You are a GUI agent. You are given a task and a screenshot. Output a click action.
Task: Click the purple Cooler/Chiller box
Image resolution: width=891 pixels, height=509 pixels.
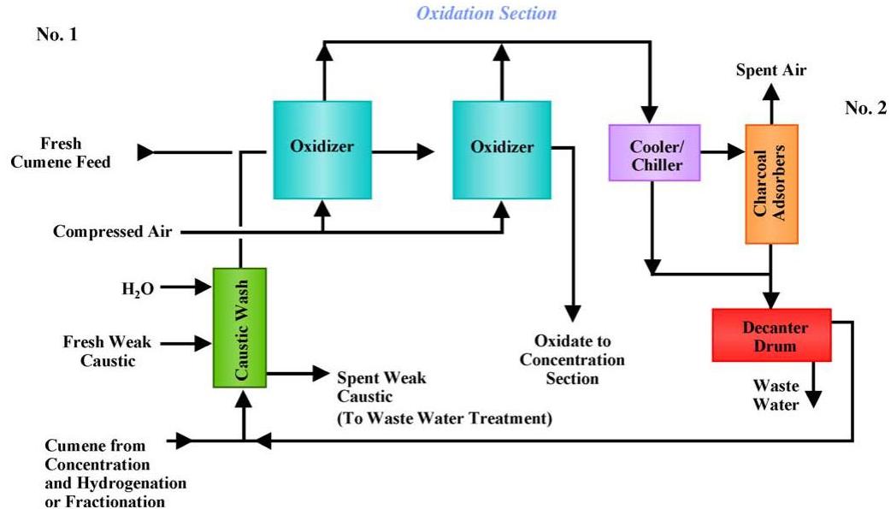(654, 152)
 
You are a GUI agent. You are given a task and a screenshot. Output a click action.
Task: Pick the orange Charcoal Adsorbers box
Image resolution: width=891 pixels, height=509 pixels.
(771, 184)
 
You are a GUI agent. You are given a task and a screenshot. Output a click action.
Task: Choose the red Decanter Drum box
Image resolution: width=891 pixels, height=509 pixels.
(771, 335)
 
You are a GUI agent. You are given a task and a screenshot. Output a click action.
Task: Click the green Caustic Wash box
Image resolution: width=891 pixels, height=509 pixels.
(239, 328)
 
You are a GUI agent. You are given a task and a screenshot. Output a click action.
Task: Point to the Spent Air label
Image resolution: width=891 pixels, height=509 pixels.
(771, 70)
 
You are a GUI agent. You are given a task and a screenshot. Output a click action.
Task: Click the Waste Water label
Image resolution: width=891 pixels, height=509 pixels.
(776, 394)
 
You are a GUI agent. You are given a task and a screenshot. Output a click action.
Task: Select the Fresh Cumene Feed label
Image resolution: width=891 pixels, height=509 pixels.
(75, 152)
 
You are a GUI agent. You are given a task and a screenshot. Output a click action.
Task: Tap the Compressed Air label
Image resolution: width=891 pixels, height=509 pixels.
(112, 231)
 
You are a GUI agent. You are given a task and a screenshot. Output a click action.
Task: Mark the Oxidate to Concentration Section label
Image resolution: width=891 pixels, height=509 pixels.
(572, 359)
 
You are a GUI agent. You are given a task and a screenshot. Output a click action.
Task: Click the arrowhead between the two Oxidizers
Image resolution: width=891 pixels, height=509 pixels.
(425, 152)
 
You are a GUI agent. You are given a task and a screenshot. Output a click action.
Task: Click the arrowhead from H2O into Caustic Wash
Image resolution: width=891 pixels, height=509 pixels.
(204, 287)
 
